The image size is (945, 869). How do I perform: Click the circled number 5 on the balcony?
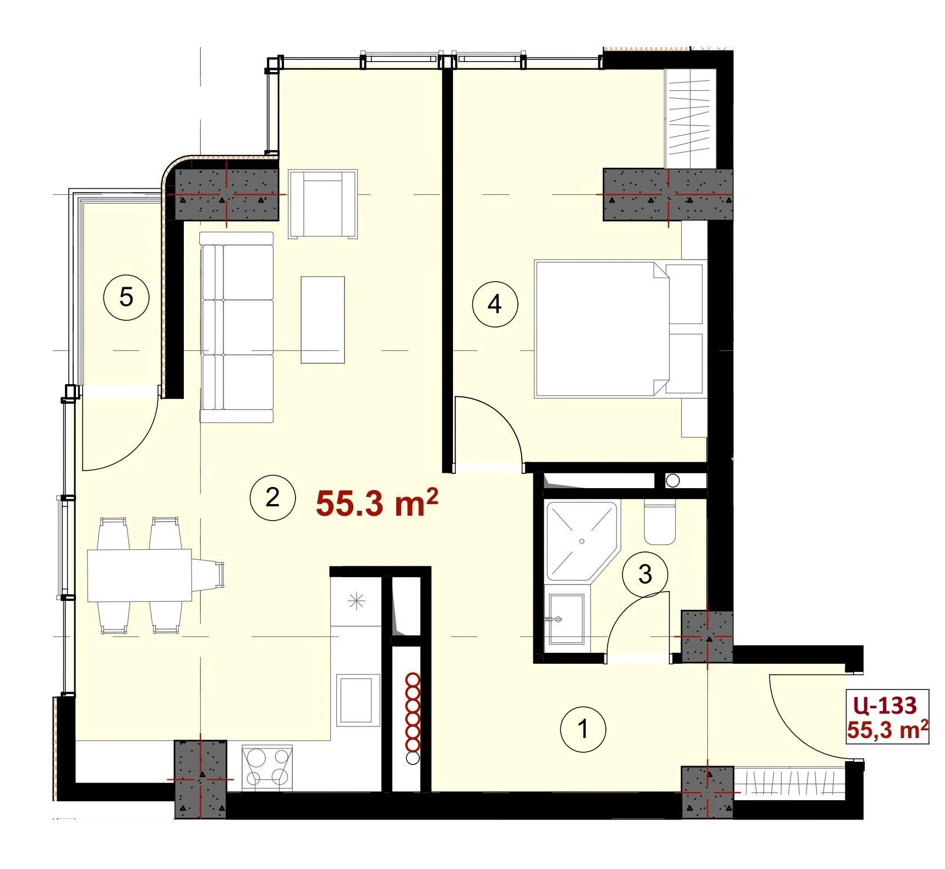pyautogui.click(x=126, y=298)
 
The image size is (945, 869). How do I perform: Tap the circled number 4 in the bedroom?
pyautogui.click(x=495, y=304)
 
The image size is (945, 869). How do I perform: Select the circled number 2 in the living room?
pyautogui.click(x=272, y=498)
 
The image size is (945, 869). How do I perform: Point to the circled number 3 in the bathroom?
pyautogui.click(x=645, y=575)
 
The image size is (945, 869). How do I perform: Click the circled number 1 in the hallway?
pyautogui.click(x=583, y=730)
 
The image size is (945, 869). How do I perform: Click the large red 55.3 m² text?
pyautogui.click(x=377, y=503)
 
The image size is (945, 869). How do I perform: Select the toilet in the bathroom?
pyautogui.click(x=659, y=523)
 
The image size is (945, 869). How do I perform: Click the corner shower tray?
pyautogui.click(x=582, y=540)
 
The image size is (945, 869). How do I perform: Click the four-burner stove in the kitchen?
pyautogui.click(x=267, y=767)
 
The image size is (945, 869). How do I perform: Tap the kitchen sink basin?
pyautogui.click(x=356, y=699)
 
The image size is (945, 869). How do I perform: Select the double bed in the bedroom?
pyautogui.click(x=620, y=329)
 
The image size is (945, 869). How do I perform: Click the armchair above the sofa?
pyautogui.click(x=323, y=204)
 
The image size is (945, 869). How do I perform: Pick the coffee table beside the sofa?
pyautogui.click(x=323, y=320)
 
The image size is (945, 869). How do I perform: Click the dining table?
pyautogui.click(x=139, y=575)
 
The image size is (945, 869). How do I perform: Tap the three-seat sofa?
pyautogui.click(x=237, y=327)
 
